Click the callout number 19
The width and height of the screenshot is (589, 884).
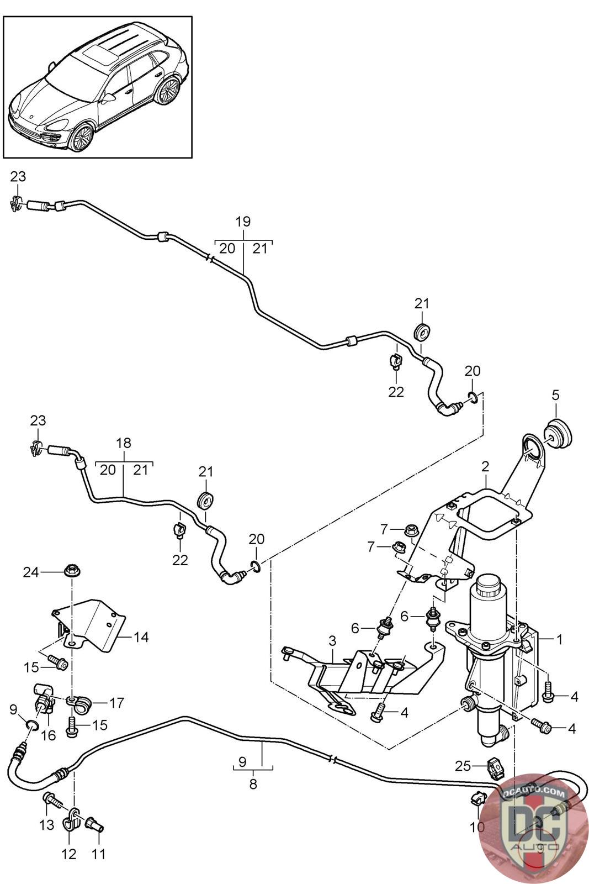[x=243, y=222]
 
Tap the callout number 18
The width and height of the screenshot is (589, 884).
[x=124, y=443]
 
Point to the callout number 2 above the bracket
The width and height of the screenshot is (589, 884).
[x=485, y=466]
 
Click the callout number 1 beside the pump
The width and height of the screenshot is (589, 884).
[x=560, y=639]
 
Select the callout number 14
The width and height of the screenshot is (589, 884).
[x=141, y=637]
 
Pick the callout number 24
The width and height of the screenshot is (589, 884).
[x=31, y=572]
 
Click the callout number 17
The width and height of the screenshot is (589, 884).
[x=116, y=703]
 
